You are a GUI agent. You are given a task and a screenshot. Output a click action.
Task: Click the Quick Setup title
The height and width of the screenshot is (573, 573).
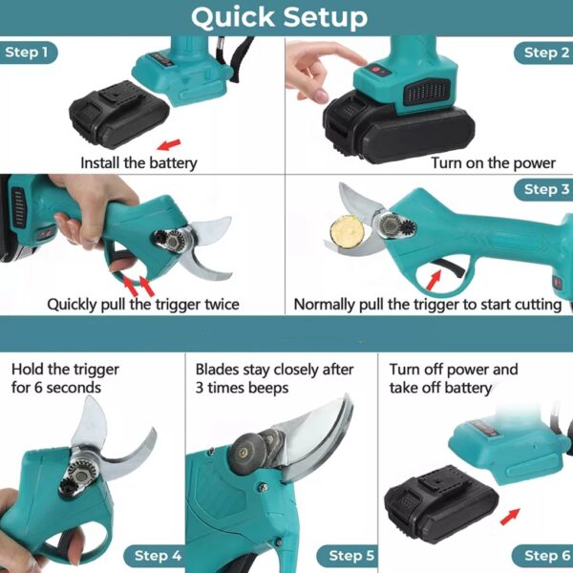coord(279,17)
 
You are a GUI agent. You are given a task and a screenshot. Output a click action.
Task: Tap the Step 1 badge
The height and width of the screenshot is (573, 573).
coord(27,53)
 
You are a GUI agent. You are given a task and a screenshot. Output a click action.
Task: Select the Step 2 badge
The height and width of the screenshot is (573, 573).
coord(546,53)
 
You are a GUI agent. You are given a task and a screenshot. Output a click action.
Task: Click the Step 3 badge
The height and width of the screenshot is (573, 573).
coord(546,189)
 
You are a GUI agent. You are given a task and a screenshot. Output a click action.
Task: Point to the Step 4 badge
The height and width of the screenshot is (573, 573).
coord(158,555)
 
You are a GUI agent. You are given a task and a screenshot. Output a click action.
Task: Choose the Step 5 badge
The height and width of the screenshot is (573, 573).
coord(352,555)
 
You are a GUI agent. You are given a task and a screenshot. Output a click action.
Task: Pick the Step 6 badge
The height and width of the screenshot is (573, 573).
coord(546,555)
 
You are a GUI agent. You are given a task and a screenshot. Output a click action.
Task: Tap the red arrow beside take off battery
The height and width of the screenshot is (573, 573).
coord(511,517)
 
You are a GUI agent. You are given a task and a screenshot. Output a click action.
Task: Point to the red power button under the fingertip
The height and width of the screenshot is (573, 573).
coord(376,70)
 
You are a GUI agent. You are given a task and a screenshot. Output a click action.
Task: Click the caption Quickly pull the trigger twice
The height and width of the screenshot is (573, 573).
coord(143,305)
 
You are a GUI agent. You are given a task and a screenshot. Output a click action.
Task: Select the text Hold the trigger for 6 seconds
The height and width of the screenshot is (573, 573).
coord(57,378)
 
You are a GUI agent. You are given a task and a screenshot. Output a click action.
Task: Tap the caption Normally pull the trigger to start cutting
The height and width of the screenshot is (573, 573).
coord(427,305)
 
